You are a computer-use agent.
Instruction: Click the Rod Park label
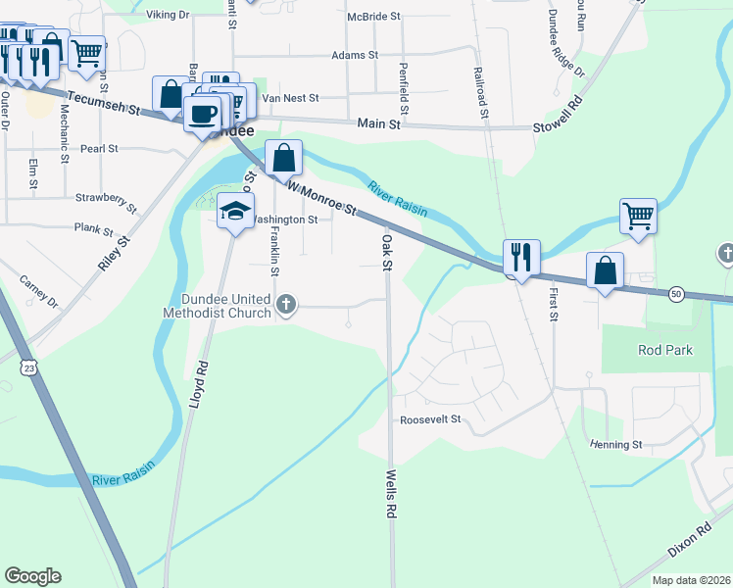tap(665, 350)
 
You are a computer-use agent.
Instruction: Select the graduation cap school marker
tap(235, 211)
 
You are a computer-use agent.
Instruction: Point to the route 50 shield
tap(676, 293)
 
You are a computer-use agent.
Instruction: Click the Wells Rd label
tap(390, 493)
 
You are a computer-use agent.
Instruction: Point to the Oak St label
tap(386, 252)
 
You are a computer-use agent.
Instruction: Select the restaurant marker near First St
tap(519, 258)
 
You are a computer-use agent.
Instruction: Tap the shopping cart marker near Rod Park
tap(637, 215)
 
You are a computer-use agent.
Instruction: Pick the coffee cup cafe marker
tap(204, 114)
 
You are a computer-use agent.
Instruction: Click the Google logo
tap(32, 576)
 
